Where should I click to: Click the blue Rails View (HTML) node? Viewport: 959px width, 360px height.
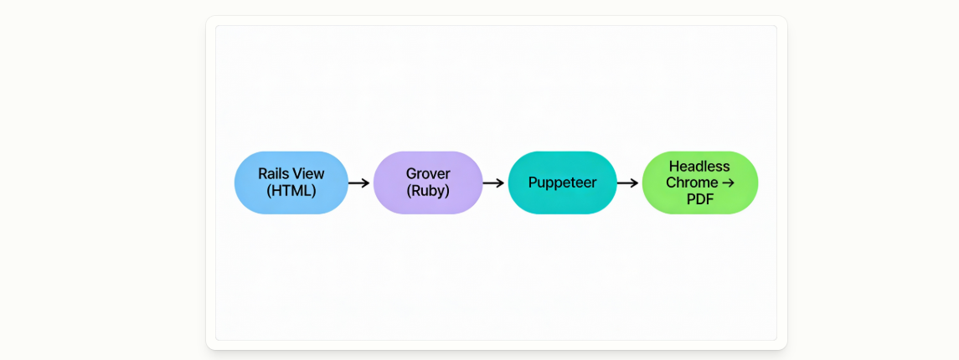[291, 183]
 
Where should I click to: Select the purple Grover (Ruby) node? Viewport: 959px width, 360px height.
[428, 183]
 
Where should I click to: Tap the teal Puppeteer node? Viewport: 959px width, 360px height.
[563, 183]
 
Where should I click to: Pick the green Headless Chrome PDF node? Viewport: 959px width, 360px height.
[699, 183]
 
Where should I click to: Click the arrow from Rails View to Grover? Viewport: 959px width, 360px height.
[359, 183]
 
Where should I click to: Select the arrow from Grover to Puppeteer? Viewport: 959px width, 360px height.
[493, 183]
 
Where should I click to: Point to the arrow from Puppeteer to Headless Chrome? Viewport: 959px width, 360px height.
[627, 183]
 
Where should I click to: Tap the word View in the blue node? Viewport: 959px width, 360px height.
[309, 173]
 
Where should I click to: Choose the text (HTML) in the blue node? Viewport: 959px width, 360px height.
[291, 191]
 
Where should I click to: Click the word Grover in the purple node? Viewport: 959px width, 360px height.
[428, 173]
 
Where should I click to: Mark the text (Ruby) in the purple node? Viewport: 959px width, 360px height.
[428, 191]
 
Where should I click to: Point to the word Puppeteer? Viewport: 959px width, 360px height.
[563, 183]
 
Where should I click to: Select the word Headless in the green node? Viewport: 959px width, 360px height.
[699, 167]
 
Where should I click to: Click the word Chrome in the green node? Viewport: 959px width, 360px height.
[691, 183]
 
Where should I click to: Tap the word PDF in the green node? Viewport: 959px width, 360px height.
[699, 198]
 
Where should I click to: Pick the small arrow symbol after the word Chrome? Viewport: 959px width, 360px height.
[727, 183]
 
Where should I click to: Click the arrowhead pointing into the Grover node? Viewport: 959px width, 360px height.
[366, 183]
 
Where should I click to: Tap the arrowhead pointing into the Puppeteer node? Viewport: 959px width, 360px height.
[500, 183]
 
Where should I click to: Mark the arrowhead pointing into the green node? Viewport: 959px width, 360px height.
[634, 183]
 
